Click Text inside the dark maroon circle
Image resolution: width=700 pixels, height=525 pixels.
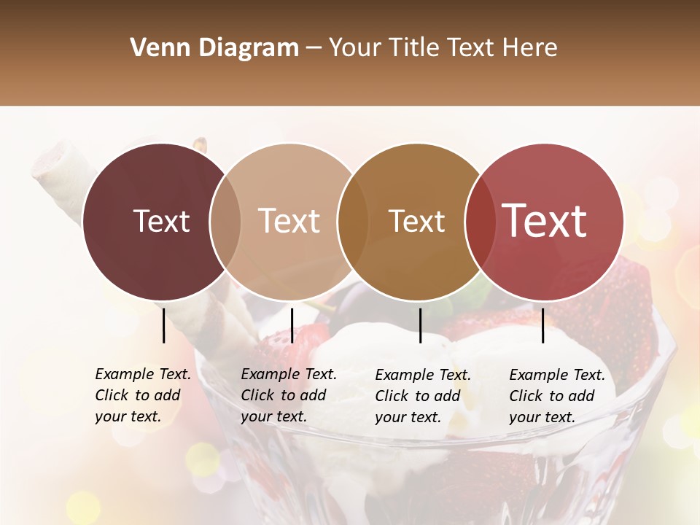[x=161, y=221]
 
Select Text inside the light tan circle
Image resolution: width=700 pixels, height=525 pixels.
[x=289, y=221]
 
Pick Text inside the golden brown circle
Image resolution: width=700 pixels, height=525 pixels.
[x=416, y=221]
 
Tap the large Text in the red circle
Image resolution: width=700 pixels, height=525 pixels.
[x=545, y=221]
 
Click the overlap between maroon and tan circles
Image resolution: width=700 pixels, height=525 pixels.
[x=225, y=222]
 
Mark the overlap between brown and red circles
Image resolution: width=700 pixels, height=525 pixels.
[x=480, y=222]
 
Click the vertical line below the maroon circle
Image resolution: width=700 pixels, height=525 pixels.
[x=163, y=325]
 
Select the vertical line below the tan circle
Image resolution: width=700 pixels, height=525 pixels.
[x=292, y=325]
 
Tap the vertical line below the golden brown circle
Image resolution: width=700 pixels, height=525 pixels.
[x=420, y=325]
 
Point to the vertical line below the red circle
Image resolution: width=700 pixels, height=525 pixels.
[x=542, y=325]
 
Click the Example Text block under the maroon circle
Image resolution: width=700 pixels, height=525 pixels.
[x=142, y=395]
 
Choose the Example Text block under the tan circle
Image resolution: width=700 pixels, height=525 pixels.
[x=288, y=395]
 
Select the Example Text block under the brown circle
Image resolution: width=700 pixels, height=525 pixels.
[x=422, y=396]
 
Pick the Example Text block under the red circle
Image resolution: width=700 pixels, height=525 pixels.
[x=556, y=396]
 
